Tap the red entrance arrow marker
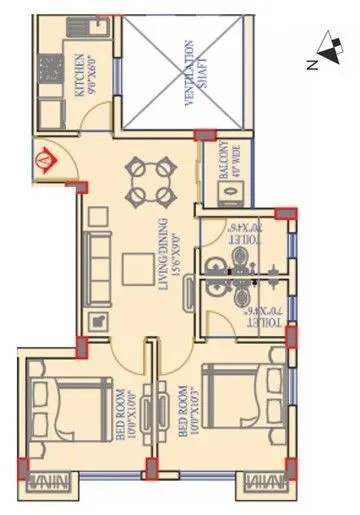click(43, 159)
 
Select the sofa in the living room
click(99, 259)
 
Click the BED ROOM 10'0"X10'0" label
click(124, 413)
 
